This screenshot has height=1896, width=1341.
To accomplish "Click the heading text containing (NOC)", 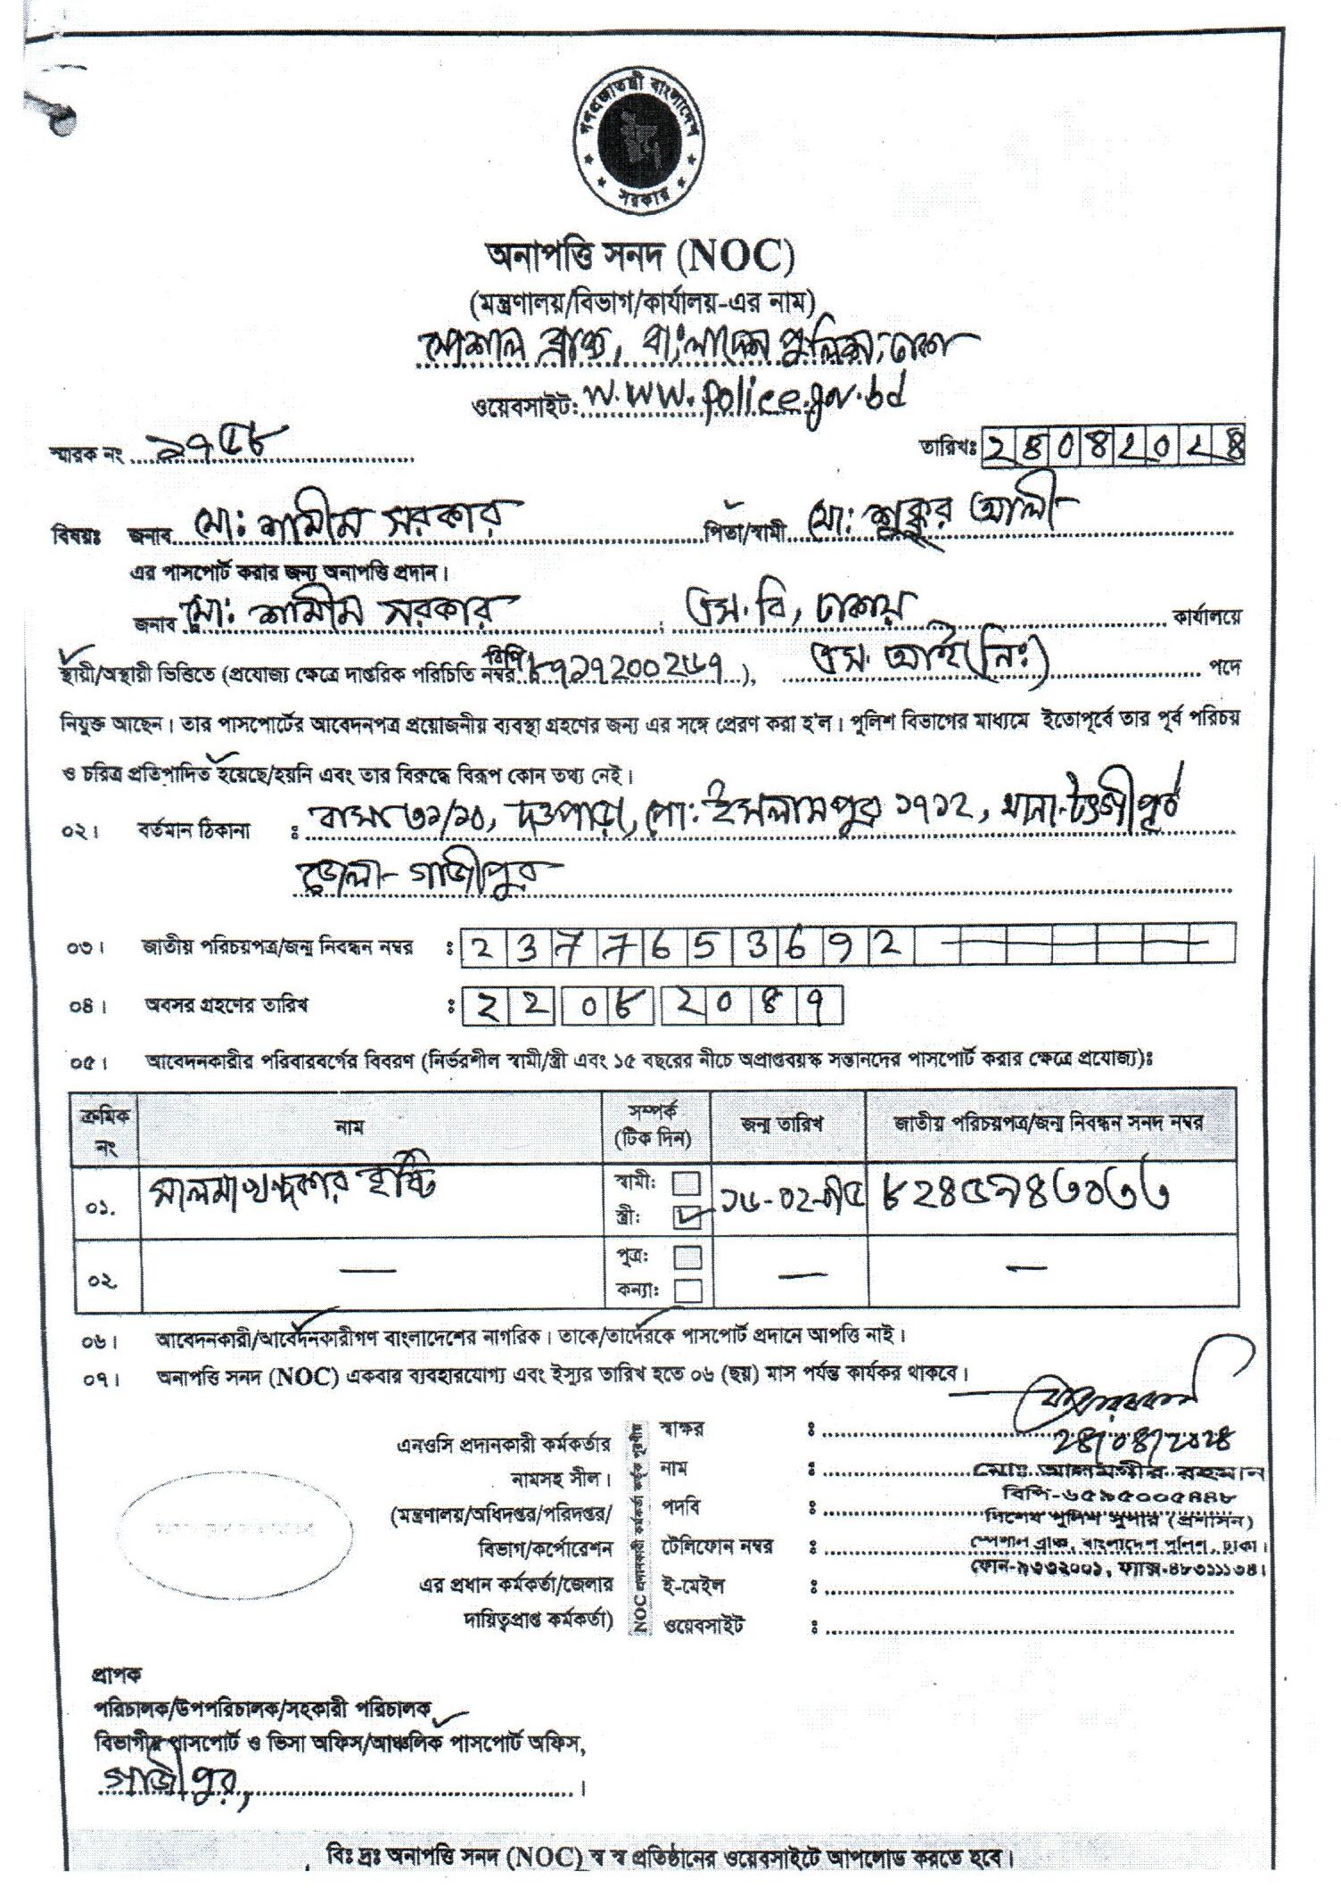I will click(638, 259).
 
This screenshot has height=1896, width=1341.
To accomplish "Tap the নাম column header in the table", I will click(349, 1126).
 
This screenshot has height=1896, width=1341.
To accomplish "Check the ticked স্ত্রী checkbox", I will click(687, 1217).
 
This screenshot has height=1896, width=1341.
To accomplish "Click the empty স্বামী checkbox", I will click(687, 1183).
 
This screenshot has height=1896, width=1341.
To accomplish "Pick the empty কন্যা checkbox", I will click(687, 1290).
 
